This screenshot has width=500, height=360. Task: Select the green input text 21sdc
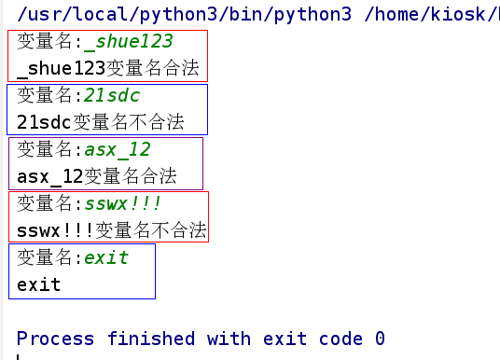point(113,96)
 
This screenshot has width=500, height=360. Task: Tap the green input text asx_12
point(118,149)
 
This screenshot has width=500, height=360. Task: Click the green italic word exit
point(106,257)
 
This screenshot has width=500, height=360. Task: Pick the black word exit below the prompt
point(39,284)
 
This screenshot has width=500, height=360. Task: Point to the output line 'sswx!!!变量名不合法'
point(112,230)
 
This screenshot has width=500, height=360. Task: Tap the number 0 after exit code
point(380,338)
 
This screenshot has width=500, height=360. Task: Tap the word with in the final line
point(230,338)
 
